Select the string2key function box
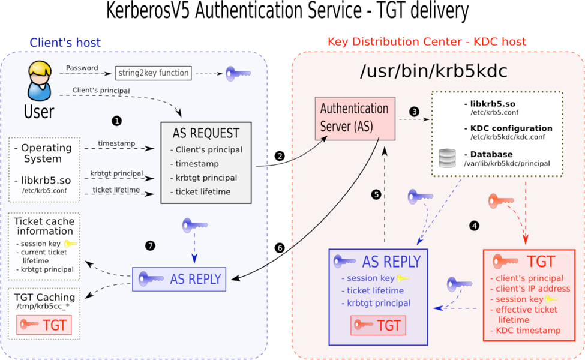click(x=154, y=73)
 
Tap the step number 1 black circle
click(x=117, y=121)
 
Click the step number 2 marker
click(x=279, y=155)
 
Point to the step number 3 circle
click(x=414, y=112)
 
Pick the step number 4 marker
click(x=475, y=226)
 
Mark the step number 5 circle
click(x=376, y=194)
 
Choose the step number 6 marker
click(x=278, y=247)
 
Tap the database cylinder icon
click(x=448, y=158)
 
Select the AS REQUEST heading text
click(x=206, y=133)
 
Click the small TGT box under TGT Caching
click(x=43, y=325)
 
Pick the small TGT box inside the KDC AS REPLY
click(x=378, y=325)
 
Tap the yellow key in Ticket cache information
click(x=71, y=244)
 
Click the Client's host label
click(x=65, y=43)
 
